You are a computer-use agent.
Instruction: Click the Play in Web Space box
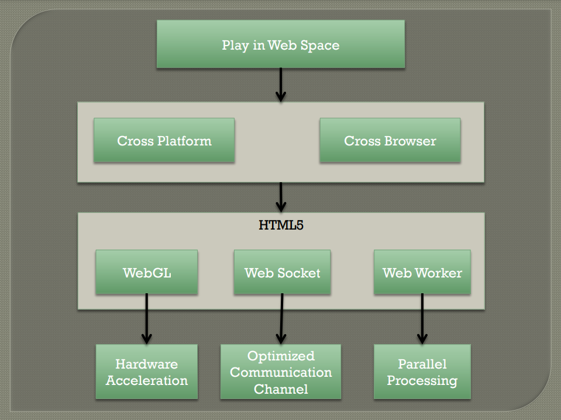[x=281, y=44]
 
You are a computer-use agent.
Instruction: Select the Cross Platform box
[x=164, y=140]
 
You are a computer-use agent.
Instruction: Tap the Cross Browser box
[x=390, y=140]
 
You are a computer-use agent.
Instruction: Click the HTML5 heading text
[x=281, y=225]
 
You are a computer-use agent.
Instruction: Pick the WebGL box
[x=147, y=272]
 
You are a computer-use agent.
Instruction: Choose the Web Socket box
[x=283, y=272]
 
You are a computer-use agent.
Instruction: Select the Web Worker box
[x=422, y=272]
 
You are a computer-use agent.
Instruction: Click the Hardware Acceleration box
[x=147, y=372]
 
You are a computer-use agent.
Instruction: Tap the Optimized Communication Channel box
[x=281, y=372]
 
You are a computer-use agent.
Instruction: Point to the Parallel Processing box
[x=422, y=372]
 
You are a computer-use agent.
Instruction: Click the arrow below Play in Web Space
[x=281, y=85]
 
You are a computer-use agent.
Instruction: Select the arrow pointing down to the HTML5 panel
[x=281, y=197]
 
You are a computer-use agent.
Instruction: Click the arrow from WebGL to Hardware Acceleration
[x=147, y=319]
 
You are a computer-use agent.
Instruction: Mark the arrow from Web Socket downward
[x=281, y=319]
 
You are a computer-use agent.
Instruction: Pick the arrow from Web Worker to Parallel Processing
[x=422, y=319]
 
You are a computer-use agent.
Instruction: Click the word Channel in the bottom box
[x=281, y=389]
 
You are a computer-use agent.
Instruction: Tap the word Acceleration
[x=147, y=380]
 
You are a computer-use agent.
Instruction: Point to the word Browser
[x=410, y=141]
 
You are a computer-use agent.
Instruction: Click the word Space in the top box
[x=320, y=46]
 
